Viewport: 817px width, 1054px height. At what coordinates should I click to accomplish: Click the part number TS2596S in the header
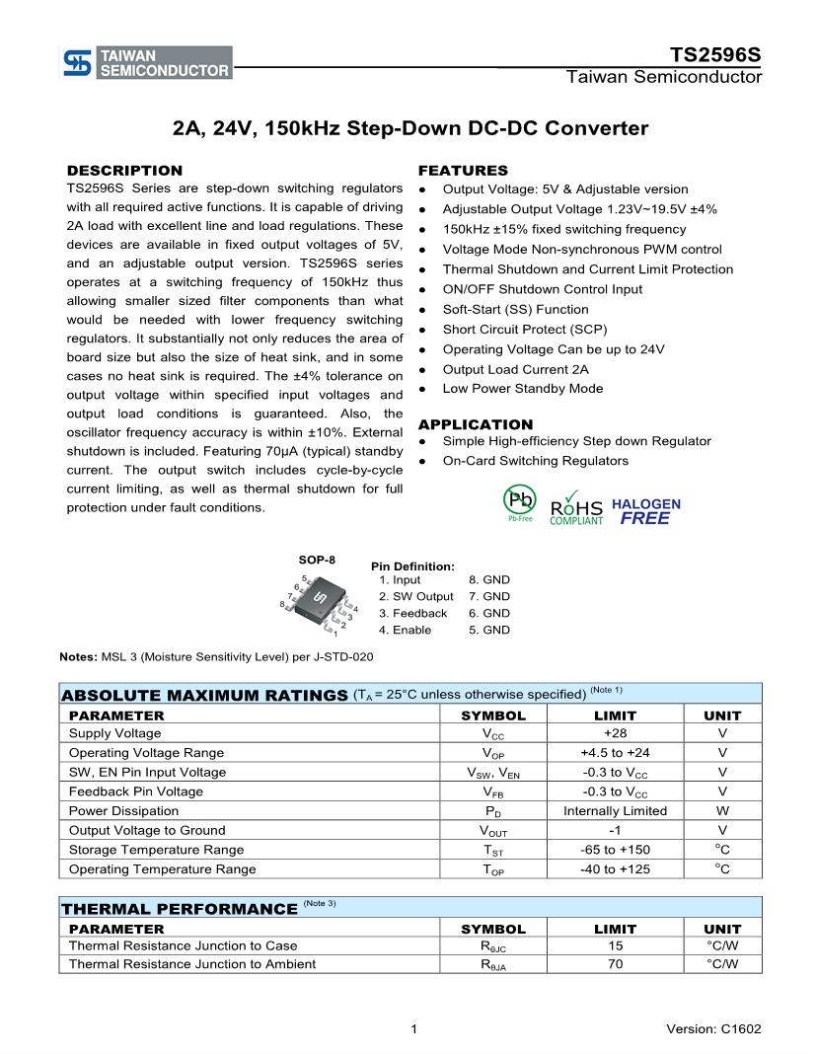click(x=715, y=54)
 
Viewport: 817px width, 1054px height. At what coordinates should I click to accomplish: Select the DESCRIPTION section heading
click(x=124, y=170)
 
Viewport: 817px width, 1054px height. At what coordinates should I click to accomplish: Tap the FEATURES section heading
click(x=463, y=170)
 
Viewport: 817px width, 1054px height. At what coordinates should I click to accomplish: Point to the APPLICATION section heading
click(x=476, y=424)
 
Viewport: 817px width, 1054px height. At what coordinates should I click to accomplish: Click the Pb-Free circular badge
click(x=519, y=502)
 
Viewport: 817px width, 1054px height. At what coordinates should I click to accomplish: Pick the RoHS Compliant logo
click(x=576, y=505)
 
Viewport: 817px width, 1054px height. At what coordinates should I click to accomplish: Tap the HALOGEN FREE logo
click(x=646, y=510)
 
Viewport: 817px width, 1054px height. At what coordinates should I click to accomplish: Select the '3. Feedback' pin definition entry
click(x=412, y=613)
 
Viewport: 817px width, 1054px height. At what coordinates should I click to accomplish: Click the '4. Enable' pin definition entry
click(x=405, y=630)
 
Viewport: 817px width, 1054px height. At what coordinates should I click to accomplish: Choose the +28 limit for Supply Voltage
click(x=615, y=733)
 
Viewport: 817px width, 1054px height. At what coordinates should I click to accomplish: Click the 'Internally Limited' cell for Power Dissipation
click(x=615, y=810)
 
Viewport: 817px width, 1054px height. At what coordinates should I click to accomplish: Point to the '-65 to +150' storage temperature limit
click(x=615, y=850)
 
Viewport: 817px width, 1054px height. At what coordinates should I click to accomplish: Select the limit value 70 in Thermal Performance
click(x=615, y=963)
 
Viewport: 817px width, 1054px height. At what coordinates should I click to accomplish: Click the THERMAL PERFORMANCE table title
click(x=180, y=908)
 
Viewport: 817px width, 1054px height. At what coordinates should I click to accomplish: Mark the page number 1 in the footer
click(x=413, y=1029)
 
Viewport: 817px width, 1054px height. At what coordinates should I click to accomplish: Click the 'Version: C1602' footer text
click(x=713, y=1029)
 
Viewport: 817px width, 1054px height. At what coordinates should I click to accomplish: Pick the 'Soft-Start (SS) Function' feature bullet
click(x=515, y=309)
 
